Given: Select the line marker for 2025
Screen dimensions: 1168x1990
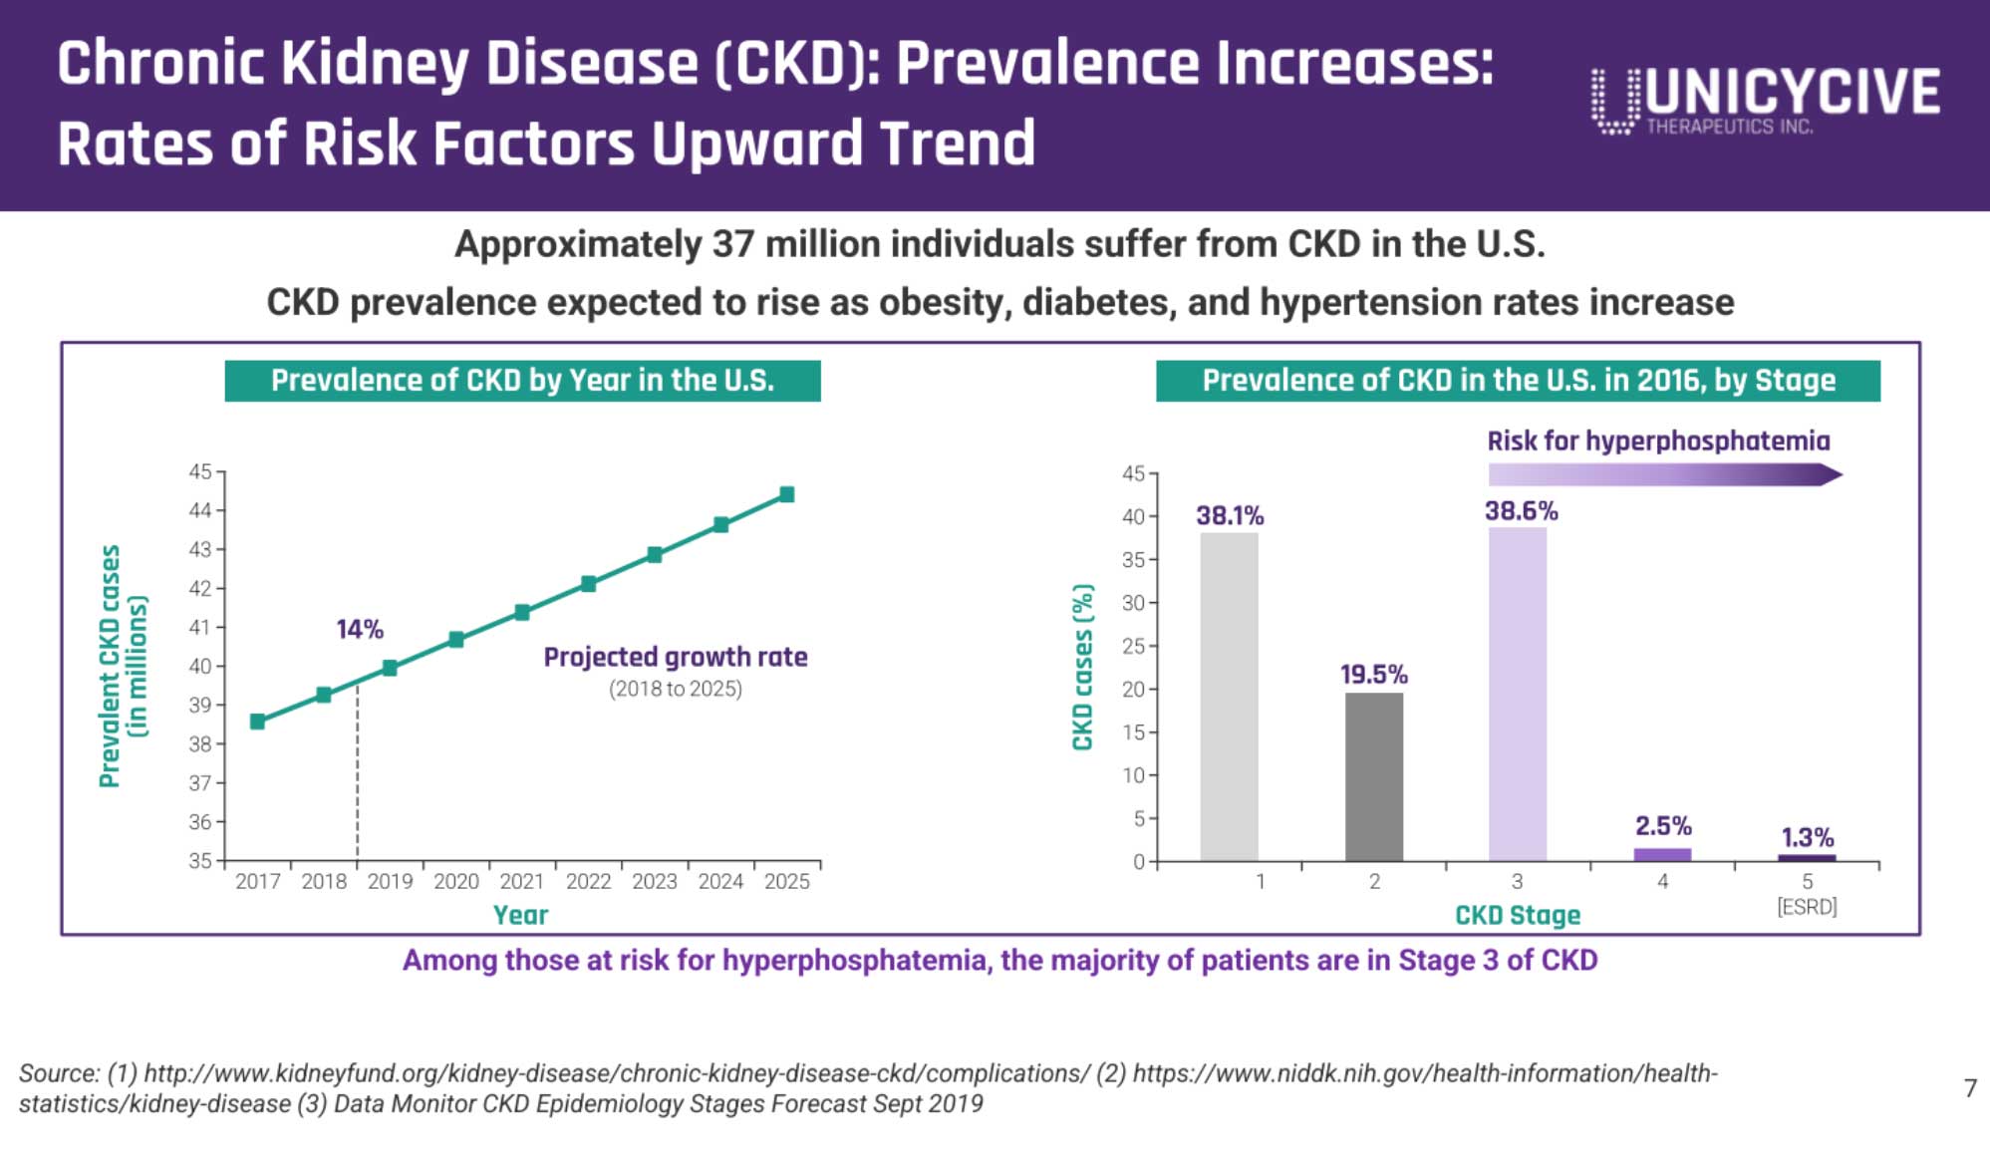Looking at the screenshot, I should click(x=786, y=494).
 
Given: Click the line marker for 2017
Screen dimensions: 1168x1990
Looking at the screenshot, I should click(x=257, y=722).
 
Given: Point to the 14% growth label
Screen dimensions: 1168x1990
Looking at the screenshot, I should click(x=360, y=630).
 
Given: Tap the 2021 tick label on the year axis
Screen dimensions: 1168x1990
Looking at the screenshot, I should click(x=522, y=882).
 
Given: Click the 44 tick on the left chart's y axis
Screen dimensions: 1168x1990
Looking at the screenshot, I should click(x=201, y=510).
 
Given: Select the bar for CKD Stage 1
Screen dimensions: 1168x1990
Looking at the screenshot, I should click(x=1229, y=697).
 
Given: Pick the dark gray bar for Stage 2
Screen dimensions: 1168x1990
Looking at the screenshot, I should click(x=1373, y=776).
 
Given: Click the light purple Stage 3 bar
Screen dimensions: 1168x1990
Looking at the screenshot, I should click(x=1517, y=694).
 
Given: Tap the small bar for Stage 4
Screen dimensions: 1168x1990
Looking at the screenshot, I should click(x=1662, y=855).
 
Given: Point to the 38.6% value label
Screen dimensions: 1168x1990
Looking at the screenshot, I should click(x=1521, y=511).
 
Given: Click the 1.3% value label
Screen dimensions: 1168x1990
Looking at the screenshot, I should click(x=1807, y=838).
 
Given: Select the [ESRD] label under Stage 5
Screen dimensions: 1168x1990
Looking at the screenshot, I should click(x=1807, y=907).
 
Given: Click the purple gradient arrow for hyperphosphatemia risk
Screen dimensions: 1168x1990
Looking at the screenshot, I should click(x=1664, y=475).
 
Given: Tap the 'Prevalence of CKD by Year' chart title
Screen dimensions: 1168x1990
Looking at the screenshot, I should click(x=522, y=381).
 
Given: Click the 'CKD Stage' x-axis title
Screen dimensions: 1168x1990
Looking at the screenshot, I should click(x=1517, y=915).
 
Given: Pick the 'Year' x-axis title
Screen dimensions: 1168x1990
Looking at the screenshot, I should click(x=520, y=915).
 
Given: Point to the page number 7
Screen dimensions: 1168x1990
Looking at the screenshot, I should click(x=1970, y=1088).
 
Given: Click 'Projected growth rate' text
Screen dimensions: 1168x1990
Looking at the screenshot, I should click(x=675, y=658).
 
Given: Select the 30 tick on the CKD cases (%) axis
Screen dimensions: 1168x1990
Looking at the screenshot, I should click(x=1134, y=603).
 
